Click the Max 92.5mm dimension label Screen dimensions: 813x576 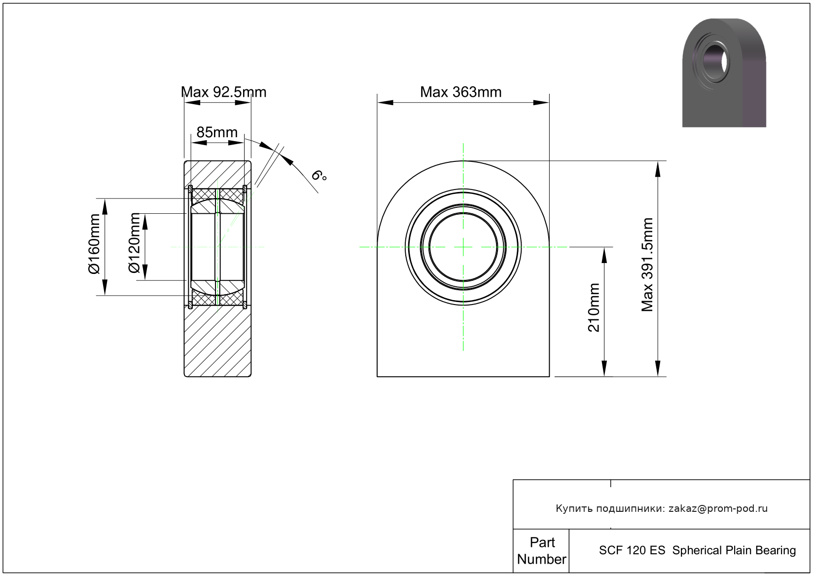point(223,92)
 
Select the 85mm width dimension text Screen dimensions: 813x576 point(217,132)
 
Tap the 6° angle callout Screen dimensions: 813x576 point(319,176)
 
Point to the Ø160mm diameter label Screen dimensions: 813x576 point(94,244)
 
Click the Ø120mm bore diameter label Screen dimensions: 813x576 point(134,243)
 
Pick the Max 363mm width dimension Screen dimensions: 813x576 point(461,92)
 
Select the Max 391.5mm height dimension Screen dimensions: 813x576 point(647,265)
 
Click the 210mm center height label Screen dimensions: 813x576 point(594,307)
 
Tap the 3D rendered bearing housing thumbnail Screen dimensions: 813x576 point(724,73)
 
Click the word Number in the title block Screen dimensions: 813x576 point(541,559)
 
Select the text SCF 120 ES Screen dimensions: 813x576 point(632,550)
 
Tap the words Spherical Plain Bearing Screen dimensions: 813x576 point(734,550)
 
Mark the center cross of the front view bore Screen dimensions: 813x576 point(463,247)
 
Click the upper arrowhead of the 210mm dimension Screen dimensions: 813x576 point(604,255)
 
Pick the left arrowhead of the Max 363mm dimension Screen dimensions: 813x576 point(385,103)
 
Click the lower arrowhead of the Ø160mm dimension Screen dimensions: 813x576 point(105,287)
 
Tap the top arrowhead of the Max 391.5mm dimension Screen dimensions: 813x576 point(657,169)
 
